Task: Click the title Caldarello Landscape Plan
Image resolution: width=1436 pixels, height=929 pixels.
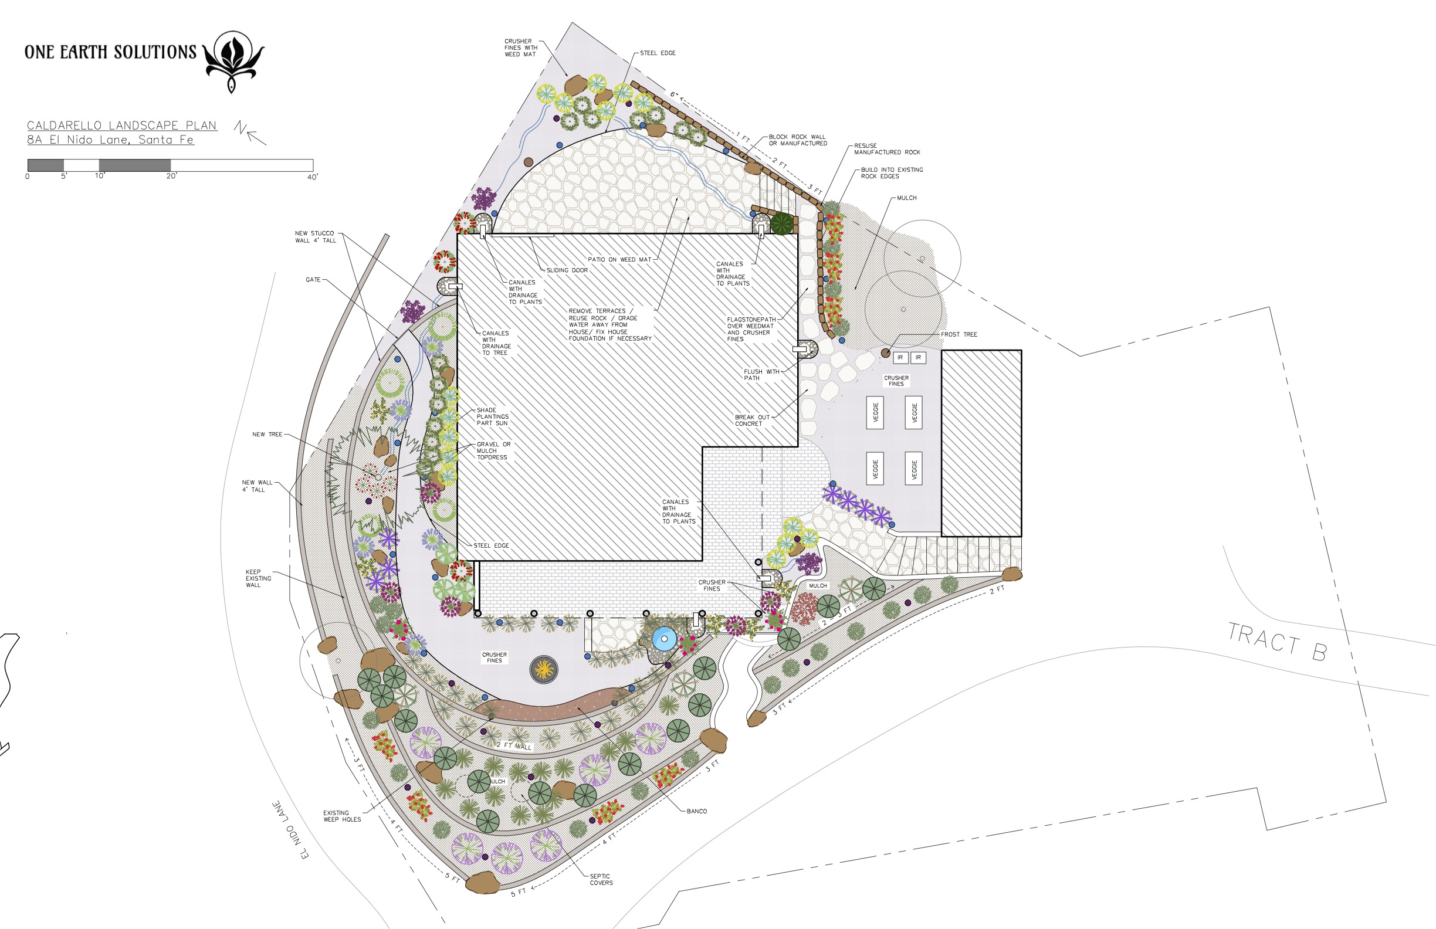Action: pyautogui.click(x=122, y=126)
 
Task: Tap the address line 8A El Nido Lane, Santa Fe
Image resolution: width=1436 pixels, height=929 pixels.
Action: pyautogui.click(x=110, y=140)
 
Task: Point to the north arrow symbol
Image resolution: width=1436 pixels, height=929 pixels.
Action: pyautogui.click(x=250, y=133)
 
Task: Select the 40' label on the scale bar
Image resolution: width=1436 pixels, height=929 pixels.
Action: pyautogui.click(x=313, y=177)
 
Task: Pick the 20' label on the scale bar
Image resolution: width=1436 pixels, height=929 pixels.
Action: pyautogui.click(x=172, y=176)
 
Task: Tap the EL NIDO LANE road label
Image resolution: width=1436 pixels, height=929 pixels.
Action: pyautogui.click(x=291, y=830)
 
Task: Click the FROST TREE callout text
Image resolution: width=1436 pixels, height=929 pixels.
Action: pyautogui.click(x=959, y=334)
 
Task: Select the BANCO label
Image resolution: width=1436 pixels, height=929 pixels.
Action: pyautogui.click(x=696, y=811)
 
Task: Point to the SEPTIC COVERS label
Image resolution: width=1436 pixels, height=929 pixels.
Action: pyautogui.click(x=601, y=880)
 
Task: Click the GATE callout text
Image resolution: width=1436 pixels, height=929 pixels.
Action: pyautogui.click(x=313, y=280)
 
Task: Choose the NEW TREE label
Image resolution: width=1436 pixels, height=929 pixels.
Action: pyautogui.click(x=267, y=435)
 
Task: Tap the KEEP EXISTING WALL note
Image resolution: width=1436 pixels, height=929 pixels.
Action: pyautogui.click(x=258, y=578)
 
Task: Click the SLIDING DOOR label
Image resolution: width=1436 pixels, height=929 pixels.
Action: pyautogui.click(x=567, y=270)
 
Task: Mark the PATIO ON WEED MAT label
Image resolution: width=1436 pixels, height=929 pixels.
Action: pyautogui.click(x=619, y=260)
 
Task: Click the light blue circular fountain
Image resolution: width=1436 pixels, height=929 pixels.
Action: pyautogui.click(x=663, y=639)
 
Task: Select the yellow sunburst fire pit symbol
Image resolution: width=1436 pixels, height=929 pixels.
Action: pyautogui.click(x=544, y=669)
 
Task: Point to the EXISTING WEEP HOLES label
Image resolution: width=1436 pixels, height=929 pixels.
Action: pyautogui.click(x=342, y=816)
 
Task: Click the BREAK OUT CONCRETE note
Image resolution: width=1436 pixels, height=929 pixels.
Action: pyautogui.click(x=753, y=421)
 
